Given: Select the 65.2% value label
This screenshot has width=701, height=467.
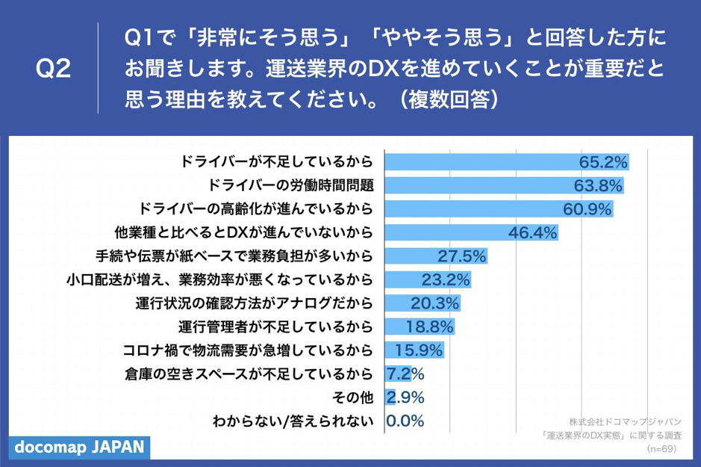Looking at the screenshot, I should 603,161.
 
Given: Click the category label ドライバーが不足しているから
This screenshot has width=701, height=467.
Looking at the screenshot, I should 277,161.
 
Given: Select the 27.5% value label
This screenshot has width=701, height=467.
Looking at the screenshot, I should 461,256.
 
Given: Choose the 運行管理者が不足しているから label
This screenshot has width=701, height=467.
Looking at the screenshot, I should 275,327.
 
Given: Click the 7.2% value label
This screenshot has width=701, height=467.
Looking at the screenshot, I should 406,374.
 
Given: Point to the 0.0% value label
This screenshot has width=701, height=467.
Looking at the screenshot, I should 406,421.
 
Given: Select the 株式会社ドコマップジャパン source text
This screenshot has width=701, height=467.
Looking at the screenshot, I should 626,421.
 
